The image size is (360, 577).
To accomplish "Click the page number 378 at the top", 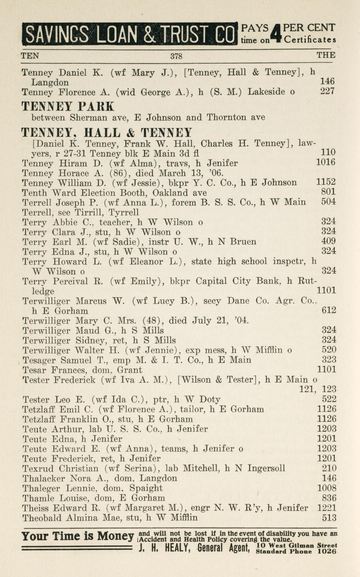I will pyautogui.click(x=176, y=56).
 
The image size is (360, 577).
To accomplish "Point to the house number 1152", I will pyautogui.click(x=327, y=182).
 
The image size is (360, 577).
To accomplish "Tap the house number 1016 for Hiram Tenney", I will pyautogui.click(x=327, y=163).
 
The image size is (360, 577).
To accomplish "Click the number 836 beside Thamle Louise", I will pyautogui.click(x=329, y=498).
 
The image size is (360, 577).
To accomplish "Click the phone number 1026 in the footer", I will pyautogui.click(x=327, y=551).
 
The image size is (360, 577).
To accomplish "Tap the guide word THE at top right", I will pyautogui.click(x=326, y=55).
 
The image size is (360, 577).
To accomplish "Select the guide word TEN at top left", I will pyautogui.click(x=29, y=55).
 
